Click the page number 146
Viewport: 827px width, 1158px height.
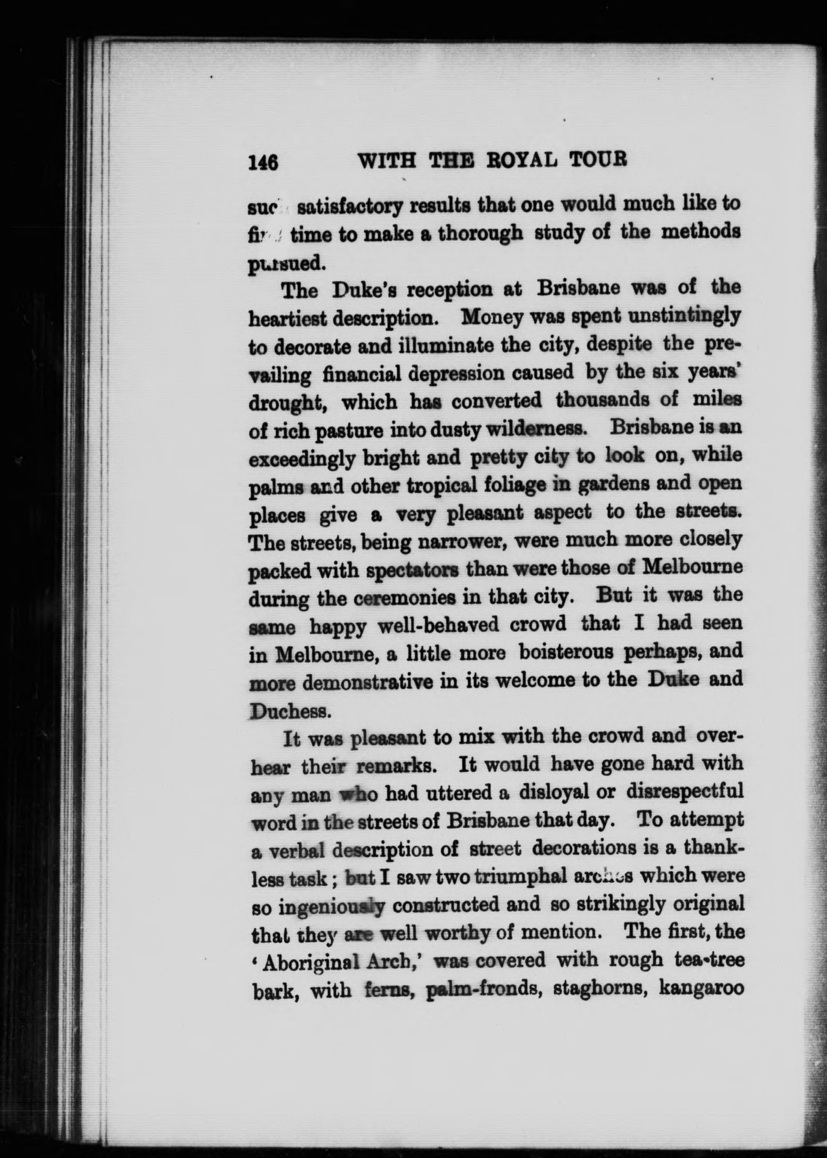263,162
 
